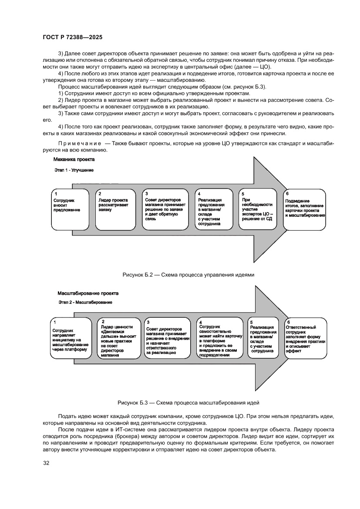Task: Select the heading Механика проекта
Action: point(74,160)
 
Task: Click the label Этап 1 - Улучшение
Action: point(74,170)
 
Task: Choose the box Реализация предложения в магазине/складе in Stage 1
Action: point(213,209)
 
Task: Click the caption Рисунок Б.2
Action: point(188,275)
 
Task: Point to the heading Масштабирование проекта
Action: point(87,293)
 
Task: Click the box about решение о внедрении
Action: point(168,338)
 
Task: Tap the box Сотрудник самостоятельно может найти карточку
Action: point(220,338)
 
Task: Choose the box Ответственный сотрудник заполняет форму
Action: point(305,338)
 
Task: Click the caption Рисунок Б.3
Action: point(188,403)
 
